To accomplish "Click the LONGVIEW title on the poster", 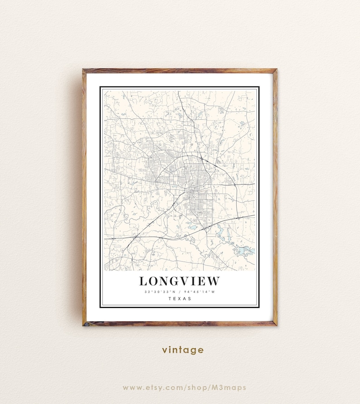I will pyautogui.click(x=179, y=281).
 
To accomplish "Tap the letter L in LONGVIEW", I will pyautogui.click(x=143, y=281).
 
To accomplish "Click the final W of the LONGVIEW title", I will pyautogui.click(x=213, y=281).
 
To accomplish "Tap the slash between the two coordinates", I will pyautogui.click(x=180, y=292).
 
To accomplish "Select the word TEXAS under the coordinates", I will pyautogui.click(x=180, y=298).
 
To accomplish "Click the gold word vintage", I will pyautogui.click(x=183, y=350).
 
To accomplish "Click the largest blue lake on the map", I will pyautogui.click(x=245, y=250).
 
